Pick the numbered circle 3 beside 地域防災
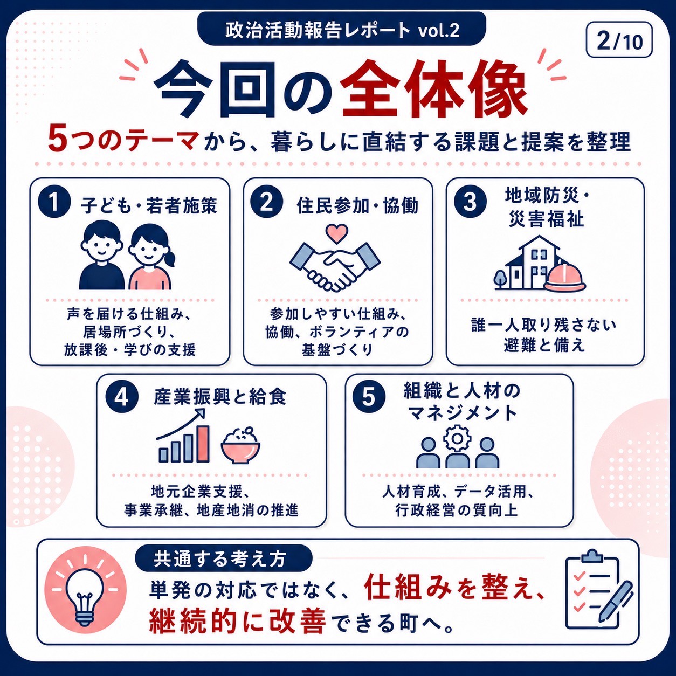[471, 202]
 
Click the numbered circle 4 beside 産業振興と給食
[122, 397]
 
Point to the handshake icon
[335, 267]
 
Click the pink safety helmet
[565, 277]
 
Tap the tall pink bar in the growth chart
[203, 444]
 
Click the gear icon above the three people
[457, 438]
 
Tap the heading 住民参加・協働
[357, 206]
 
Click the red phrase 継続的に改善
[237, 622]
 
